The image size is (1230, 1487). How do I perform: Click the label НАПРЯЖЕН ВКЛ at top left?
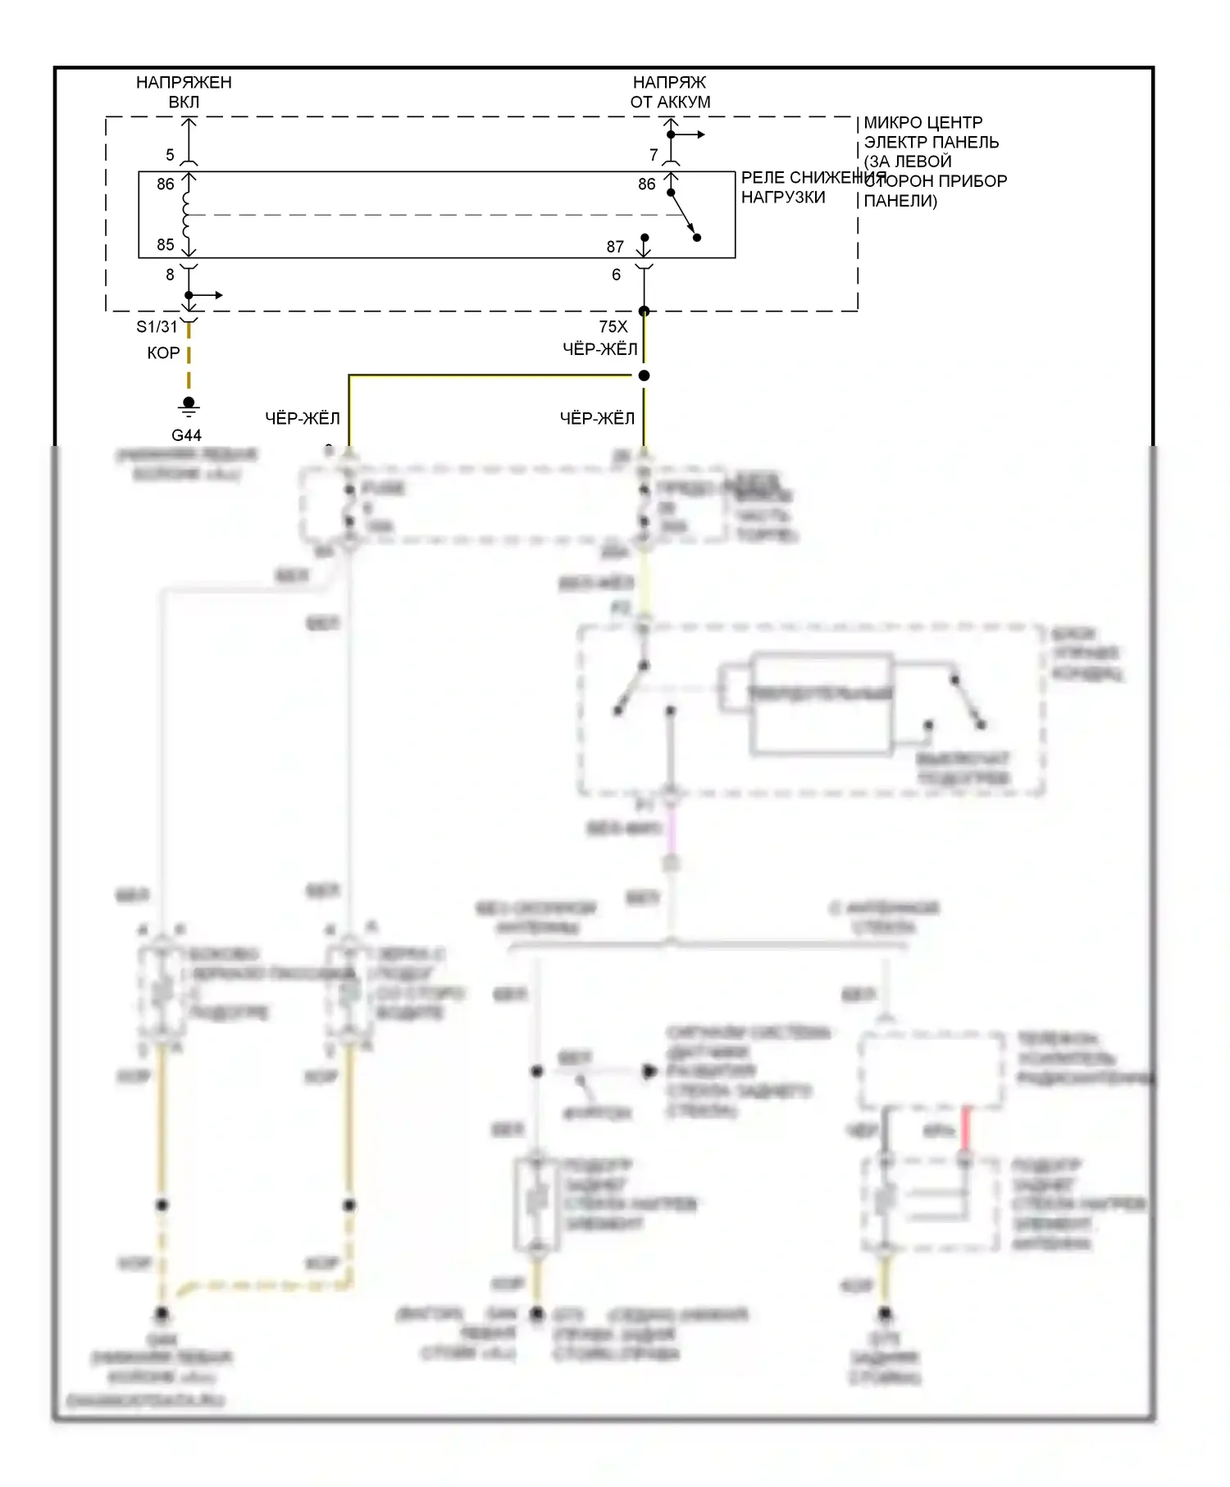point(184,92)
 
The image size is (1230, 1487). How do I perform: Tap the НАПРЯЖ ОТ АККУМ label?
point(670,92)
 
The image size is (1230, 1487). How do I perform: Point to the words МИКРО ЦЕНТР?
point(922,123)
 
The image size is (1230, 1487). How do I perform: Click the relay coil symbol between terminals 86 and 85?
point(188,215)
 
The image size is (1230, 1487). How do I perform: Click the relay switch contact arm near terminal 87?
point(683,215)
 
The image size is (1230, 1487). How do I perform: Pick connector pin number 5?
point(170,155)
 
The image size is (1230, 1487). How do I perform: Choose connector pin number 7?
point(654,155)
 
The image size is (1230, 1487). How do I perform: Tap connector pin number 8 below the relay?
point(170,275)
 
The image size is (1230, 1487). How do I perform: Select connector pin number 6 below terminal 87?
point(616,275)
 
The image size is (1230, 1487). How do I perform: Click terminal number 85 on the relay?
point(166,244)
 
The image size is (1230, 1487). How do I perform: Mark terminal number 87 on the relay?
point(615,247)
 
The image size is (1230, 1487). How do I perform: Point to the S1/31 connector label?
point(157,327)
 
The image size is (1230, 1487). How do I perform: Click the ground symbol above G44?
point(189,406)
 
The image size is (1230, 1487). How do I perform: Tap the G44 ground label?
point(186,435)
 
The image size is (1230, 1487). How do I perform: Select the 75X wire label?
point(613,327)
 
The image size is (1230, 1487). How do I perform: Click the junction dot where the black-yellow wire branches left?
point(644,375)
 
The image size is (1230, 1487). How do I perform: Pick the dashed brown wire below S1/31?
point(189,365)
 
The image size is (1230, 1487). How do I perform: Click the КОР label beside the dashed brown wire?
point(163,353)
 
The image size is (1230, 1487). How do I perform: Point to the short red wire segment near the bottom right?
point(966,1129)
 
